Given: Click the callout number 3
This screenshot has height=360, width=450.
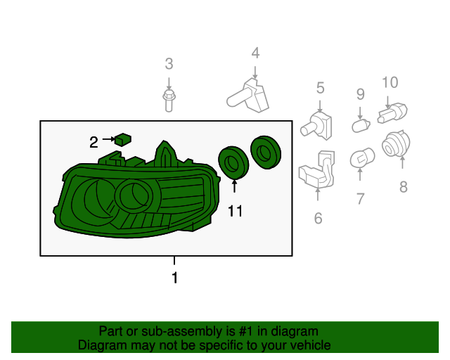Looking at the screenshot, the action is [x=169, y=64].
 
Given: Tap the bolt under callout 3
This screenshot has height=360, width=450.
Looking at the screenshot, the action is [x=169, y=101].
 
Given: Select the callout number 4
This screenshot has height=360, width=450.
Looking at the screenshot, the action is [x=255, y=53].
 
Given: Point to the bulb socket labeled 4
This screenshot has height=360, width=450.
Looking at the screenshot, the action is [x=248, y=96].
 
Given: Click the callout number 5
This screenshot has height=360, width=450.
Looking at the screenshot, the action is [x=321, y=88].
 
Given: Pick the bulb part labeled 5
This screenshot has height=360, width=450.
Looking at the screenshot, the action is [x=316, y=126].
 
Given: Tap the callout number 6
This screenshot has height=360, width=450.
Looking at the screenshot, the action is [x=318, y=218].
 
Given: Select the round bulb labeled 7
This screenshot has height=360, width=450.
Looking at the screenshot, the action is [x=362, y=158].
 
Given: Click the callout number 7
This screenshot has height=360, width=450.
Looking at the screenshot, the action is [x=361, y=199].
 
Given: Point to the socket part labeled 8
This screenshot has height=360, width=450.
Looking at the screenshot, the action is [x=396, y=144].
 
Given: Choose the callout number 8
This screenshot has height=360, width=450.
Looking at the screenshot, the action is [x=403, y=187].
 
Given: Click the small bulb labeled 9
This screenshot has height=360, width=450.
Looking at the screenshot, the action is [x=361, y=126].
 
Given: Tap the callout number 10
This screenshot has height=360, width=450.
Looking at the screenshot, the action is [x=390, y=82].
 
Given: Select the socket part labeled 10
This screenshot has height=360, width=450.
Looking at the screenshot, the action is [x=392, y=113].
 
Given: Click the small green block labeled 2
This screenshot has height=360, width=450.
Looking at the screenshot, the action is [x=123, y=139].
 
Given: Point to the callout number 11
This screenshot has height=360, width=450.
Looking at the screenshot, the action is [x=235, y=211].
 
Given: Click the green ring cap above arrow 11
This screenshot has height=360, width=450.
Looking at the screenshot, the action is [x=233, y=163].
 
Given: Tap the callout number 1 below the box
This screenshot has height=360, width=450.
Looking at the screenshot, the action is [x=174, y=278].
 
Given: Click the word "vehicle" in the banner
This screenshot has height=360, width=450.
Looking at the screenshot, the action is [x=311, y=345].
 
